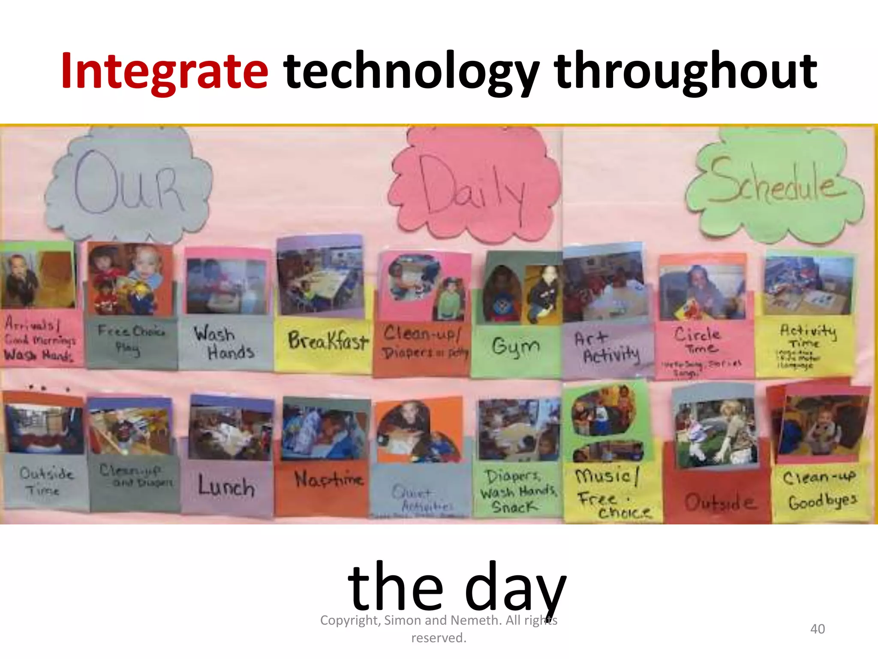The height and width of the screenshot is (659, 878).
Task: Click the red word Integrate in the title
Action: click(x=165, y=71)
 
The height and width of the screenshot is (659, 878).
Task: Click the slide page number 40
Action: click(x=817, y=629)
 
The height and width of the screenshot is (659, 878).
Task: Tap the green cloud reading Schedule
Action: click(x=774, y=184)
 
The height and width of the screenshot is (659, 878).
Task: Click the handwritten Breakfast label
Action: click(x=328, y=342)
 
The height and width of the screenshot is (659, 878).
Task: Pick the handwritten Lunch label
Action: click(x=226, y=487)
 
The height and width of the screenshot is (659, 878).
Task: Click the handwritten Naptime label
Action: click(x=328, y=479)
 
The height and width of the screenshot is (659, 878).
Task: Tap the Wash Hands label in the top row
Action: click(x=224, y=343)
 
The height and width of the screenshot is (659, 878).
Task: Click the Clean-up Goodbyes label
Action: click(x=820, y=489)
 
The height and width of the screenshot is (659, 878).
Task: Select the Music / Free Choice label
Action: click(x=611, y=493)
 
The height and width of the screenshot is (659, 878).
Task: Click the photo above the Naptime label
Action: click(x=325, y=431)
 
